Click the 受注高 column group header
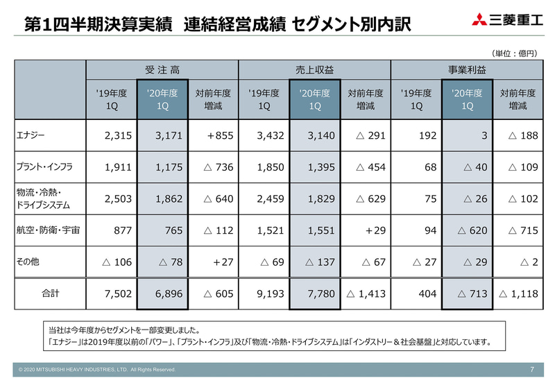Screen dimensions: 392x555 point(162,70)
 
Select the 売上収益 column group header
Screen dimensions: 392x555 point(314,70)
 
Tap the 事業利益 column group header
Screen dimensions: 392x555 point(467,70)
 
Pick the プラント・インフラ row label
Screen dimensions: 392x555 point(44,167)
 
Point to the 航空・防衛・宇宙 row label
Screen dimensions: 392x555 point(47,230)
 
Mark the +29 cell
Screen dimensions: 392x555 point(371,230)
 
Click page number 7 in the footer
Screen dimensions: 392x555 point(531,369)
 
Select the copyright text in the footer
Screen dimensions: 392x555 point(98,370)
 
